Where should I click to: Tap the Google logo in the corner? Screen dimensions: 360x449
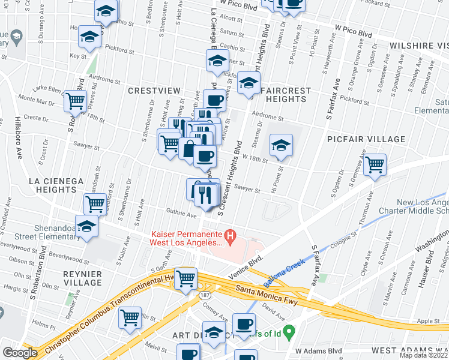[x=20, y=353]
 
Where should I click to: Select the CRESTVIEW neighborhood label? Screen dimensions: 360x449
[x=154, y=90]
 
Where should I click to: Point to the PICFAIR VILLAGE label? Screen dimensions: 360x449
[x=366, y=139]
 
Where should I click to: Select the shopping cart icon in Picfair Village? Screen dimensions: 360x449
[x=375, y=164]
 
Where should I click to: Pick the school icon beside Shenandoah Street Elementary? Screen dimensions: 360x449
[x=87, y=226]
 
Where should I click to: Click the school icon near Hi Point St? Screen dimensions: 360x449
[x=280, y=145]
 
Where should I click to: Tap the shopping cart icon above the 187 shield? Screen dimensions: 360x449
[x=186, y=277]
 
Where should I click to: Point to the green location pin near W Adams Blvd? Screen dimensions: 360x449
[x=289, y=331]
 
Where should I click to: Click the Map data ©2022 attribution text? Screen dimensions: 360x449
[x=423, y=355]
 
